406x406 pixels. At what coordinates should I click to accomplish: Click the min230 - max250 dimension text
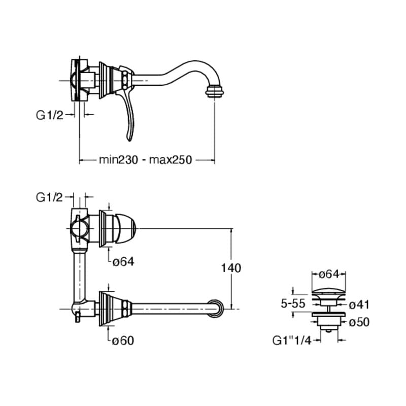pyautogui.click(x=146, y=160)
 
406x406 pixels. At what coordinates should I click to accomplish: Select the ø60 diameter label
pyautogui.click(x=123, y=341)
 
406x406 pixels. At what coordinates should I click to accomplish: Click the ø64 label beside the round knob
pyautogui.click(x=123, y=262)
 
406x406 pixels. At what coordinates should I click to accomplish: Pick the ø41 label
pyautogui.click(x=359, y=304)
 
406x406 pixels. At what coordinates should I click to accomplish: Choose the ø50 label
pyautogui.click(x=359, y=321)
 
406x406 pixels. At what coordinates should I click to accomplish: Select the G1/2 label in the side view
pyautogui.click(x=49, y=115)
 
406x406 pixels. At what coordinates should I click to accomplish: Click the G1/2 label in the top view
pyautogui.click(x=49, y=197)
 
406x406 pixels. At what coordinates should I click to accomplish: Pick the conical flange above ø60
pyautogui.click(x=108, y=308)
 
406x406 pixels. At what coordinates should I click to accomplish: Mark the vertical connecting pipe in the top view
pyautogui.click(x=80, y=274)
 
